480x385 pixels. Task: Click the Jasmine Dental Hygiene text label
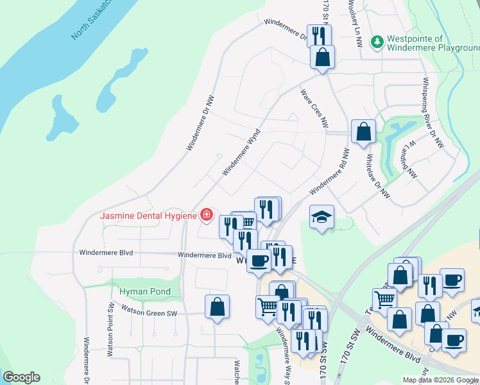148,216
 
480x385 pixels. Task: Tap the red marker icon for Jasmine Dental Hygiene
207,215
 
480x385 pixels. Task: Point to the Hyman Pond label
145,291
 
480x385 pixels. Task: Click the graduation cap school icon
321,216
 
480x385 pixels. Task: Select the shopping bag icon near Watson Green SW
218,306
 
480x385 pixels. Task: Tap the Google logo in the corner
21,377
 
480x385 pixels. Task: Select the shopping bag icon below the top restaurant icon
322,56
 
